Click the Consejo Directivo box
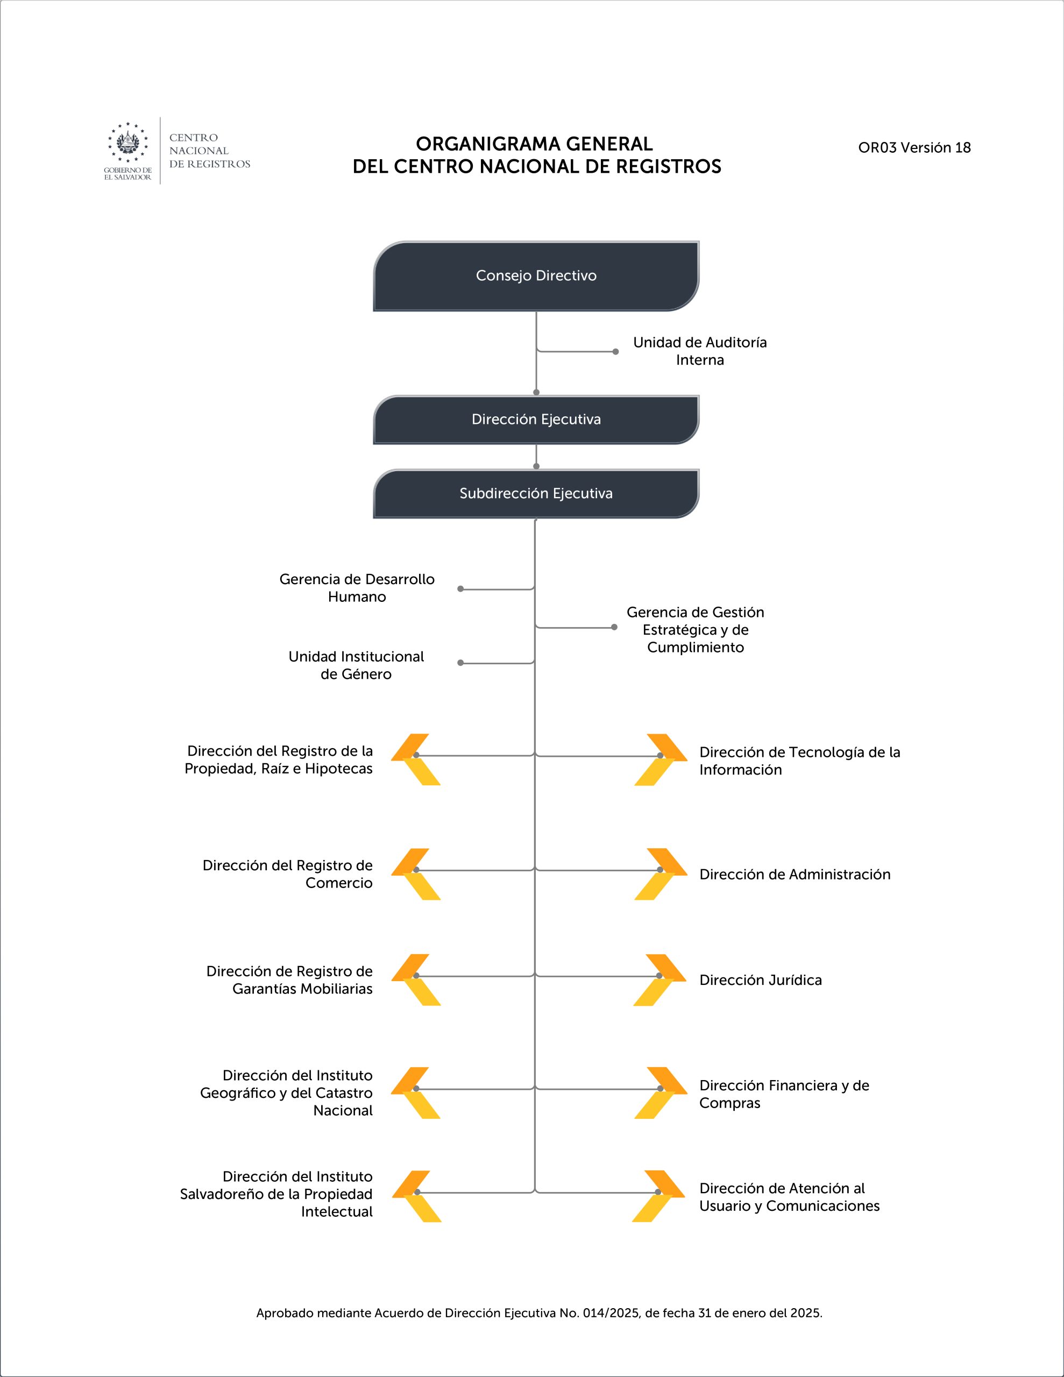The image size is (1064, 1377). (536, 275)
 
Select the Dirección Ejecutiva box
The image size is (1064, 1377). (536, 419)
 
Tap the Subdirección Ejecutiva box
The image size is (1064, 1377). (536, 493)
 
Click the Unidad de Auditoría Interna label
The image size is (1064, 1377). (700, 351)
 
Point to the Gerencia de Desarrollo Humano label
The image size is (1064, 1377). (357, 587)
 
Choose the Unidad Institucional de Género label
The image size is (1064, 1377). (356, 665)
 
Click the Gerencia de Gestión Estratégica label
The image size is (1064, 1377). (695, 630)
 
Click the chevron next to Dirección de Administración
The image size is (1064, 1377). (661, 874)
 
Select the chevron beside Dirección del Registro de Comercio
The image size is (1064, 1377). (416, 874)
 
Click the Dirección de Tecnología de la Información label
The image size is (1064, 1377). (800, 761)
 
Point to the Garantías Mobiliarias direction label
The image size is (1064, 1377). (289, 980)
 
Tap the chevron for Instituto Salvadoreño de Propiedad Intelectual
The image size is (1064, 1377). (416, 1196)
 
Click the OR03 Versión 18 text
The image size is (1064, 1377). (914, 147)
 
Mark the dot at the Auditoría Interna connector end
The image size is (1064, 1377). (615, 351)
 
